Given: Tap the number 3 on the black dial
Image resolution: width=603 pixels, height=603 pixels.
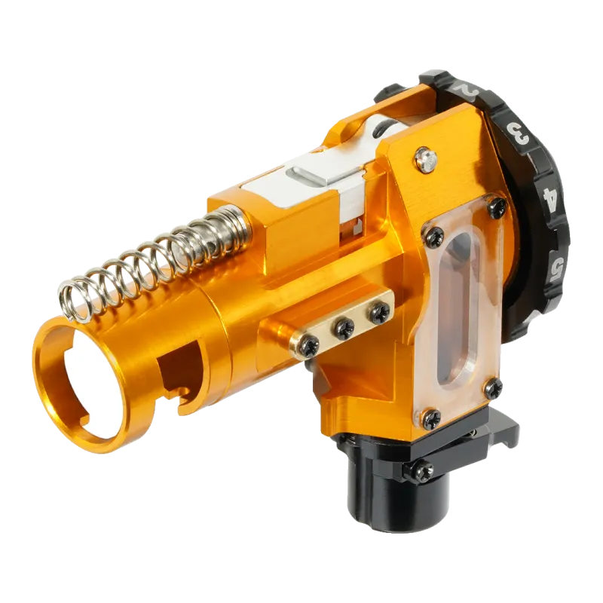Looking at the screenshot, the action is tap(519, 133).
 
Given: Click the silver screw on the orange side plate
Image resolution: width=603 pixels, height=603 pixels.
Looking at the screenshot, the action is tap(425, 159).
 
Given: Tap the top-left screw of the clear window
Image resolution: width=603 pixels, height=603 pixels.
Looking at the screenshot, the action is tap(434, 236).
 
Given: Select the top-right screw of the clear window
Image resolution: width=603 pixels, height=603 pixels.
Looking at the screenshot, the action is tap(497, 207).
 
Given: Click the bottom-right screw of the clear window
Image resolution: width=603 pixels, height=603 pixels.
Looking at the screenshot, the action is tap(493, 388).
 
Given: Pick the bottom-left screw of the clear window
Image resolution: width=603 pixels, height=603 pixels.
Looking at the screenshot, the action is tap(430, 419).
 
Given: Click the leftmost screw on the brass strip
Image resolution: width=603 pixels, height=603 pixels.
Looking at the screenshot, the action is tap(310, 344).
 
